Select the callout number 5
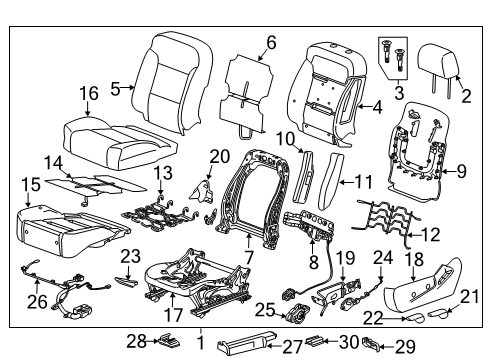[x=115, y=88]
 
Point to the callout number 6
[x=269, y=42]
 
